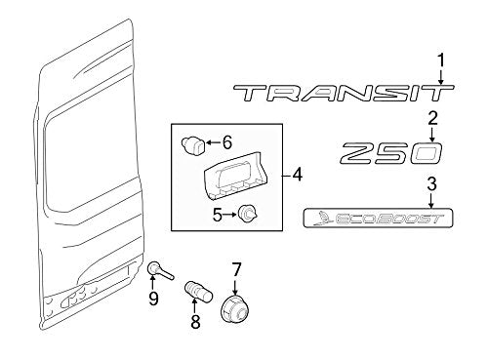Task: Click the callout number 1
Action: pyautogui.click(x=441, y=61)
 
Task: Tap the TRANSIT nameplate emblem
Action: pyautogui.click(x=344, y=93)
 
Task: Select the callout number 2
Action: pyautogui.click(x=432, y=119)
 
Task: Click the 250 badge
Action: pyautogui.click(x=391, y=153)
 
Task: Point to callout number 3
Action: pyautogui.click(x=431, y=184)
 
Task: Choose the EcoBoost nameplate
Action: pyautogui.click(x=378, y=218)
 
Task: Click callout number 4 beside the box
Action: pyautogui.click(x=297, y=176)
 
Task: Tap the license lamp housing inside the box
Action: pyautogui.click(x=235, y=176)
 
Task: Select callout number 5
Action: pyautogui.click(x=218, y=215)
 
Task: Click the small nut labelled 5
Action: pyautogui.click(x=248, y=214)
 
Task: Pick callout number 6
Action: pyautogui.click(x=226, y=142)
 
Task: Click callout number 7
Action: pyautogui.click(x=236, y=269)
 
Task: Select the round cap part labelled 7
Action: pyautogui.click(x=236, y=308)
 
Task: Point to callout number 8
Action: pyautogui.click(x=195, y=321)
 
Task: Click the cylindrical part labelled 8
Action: pyautogui.click(x=198, y=292)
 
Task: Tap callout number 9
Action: pyautogui.click(x=153, y=298)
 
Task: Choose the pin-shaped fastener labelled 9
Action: pyautogui.click(x=161, y=271)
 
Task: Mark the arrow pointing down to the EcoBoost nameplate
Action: pyautogui.click(x=431, y=201)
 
